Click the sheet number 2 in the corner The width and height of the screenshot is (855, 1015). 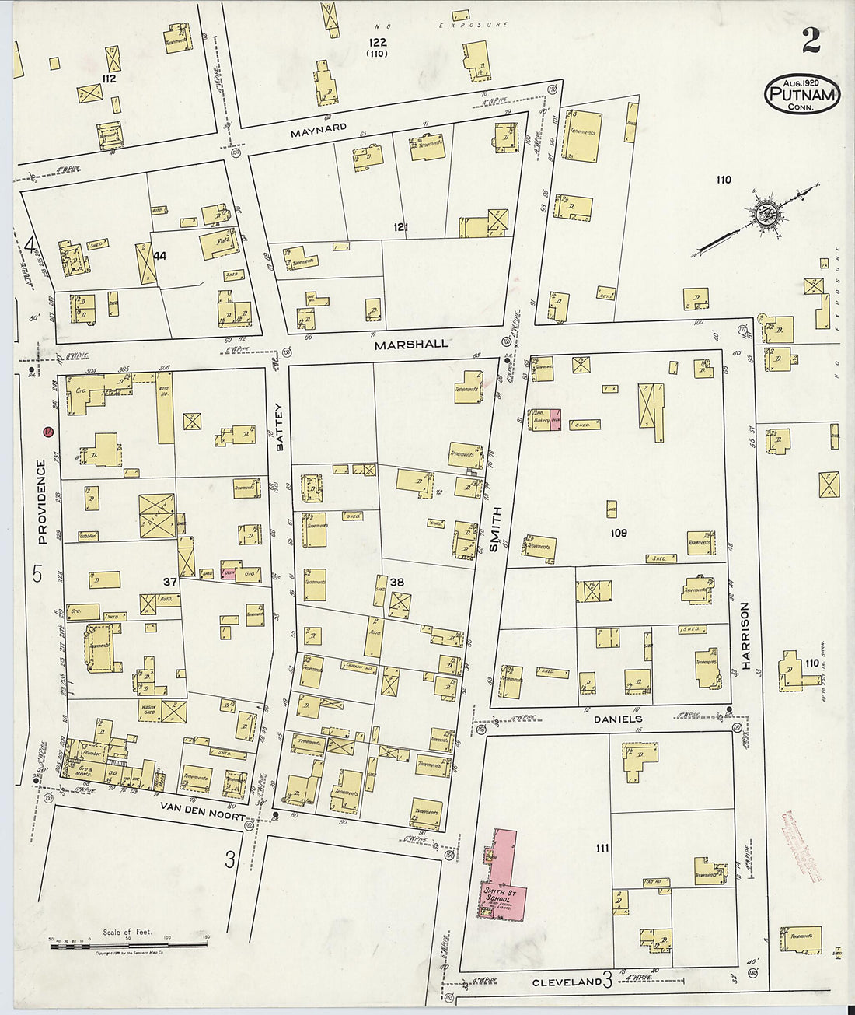coord(811,40)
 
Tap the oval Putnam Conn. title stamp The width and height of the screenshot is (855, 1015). coord(802,94)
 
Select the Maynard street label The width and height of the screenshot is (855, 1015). coord(317,132)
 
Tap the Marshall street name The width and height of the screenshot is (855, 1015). coord(411,344)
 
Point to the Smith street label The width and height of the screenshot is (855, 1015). coord(495,529)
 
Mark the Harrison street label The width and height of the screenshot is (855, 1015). coord(744,635)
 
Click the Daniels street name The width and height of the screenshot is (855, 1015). coord(617,719)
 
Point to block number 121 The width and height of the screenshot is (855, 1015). coord(400,227)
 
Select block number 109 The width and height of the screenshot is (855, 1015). coord(619,533)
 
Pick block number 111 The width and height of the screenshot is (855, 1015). coord(602,848)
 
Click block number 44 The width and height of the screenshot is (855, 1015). coord(161,255)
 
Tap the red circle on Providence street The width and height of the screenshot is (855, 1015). coord(49,431)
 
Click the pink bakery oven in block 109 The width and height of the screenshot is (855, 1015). coord(556,419)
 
